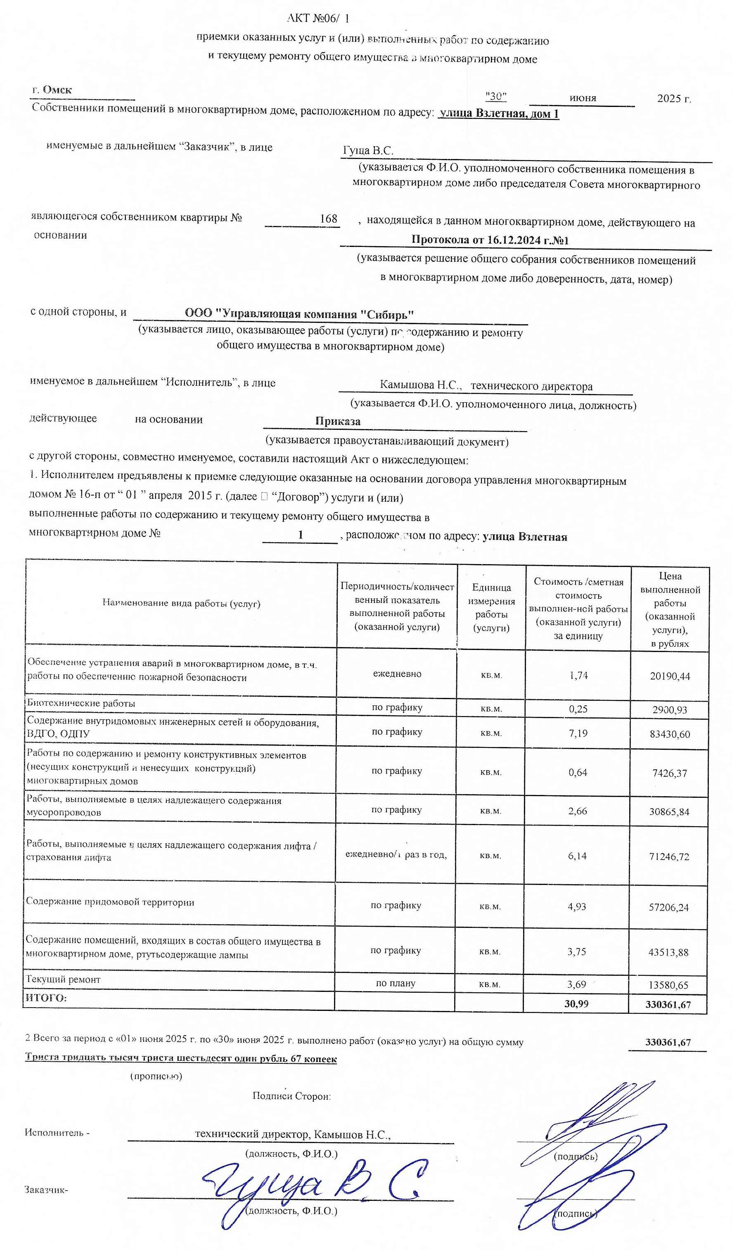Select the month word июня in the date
(x=582, y=98)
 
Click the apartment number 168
(x=328, y=218)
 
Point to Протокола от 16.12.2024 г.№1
(x=490, y=240)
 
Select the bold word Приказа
(x=338, y=421)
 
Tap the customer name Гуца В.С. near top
(x=368, y=150)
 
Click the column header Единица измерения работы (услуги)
(x=491, y=607)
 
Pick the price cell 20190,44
(x=670, y=676)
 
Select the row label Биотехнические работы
(x=81, y=703)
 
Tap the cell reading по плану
(x=395, y=983)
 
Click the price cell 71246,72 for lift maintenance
(x=669, y=856)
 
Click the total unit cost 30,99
(x=576, y=1003)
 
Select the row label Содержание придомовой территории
(x=110, y=902)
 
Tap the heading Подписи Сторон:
(x=291, y=1096)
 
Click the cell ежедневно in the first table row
(x=397, y=674)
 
